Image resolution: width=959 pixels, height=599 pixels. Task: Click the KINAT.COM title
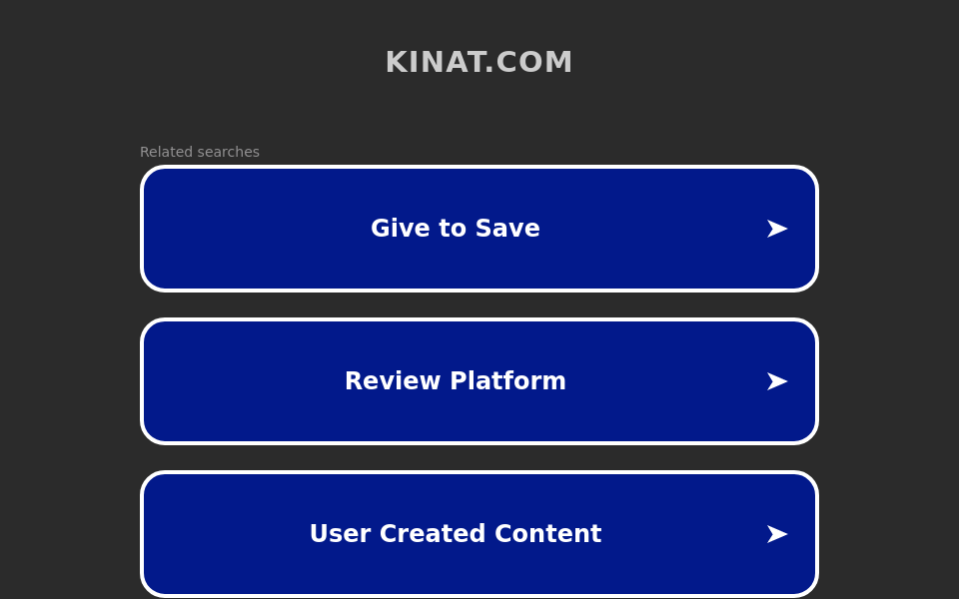479,62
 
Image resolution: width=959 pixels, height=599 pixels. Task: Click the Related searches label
200,152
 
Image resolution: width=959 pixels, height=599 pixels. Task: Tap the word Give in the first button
393,229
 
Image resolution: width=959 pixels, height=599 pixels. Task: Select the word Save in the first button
513,229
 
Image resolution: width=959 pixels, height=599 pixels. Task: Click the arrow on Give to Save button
776,229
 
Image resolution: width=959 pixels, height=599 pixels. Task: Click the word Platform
508,381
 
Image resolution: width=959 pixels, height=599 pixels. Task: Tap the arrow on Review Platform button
776,381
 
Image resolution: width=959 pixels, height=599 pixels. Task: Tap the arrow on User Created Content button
776,534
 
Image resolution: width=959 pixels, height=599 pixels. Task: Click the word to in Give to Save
456,229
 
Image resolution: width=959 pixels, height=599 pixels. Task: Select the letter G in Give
379,229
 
